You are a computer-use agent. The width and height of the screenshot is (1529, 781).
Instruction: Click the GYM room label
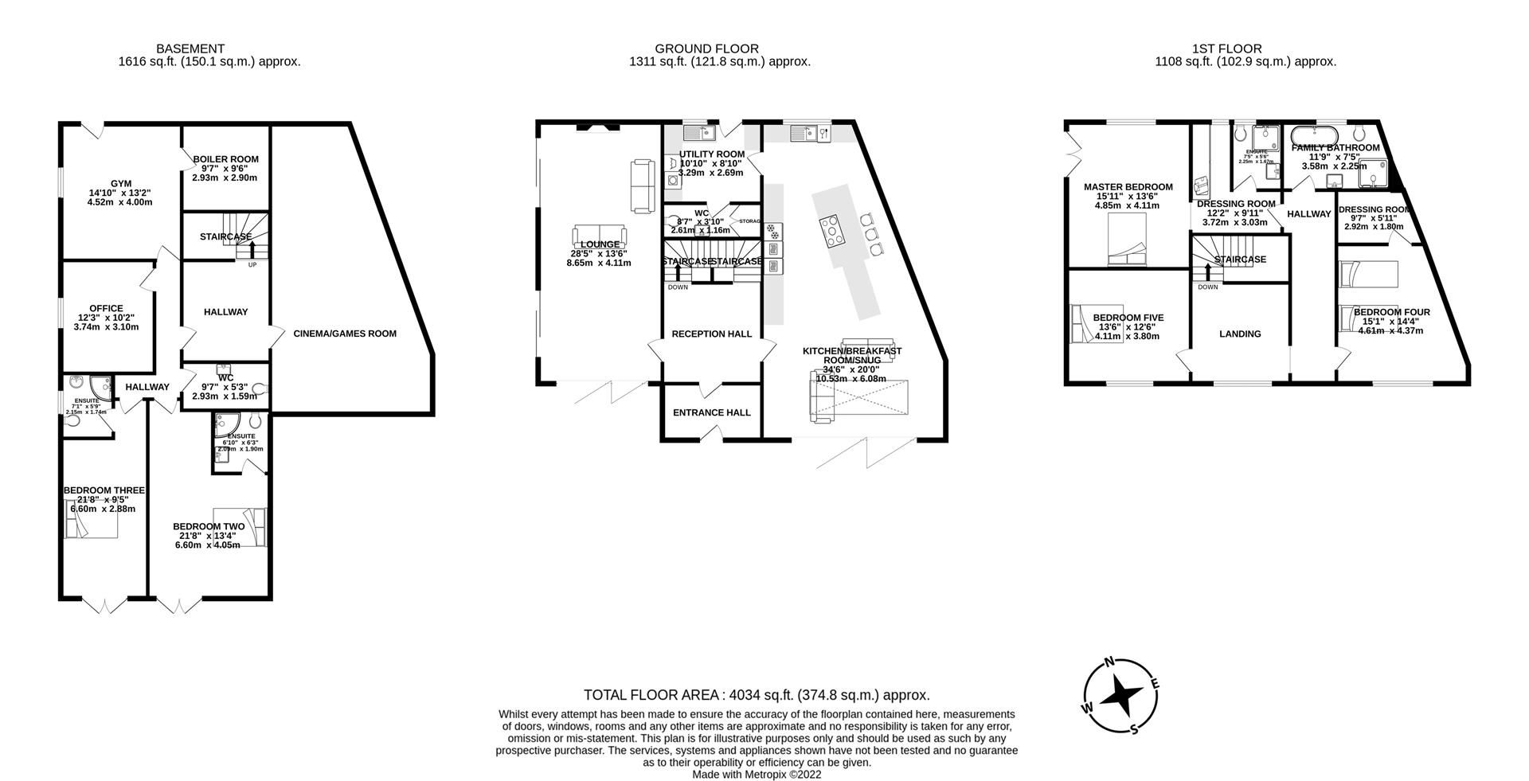pyautogui.click(x=121, y=183)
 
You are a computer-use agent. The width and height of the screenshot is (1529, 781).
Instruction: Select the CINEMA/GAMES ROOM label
pyautogui.click(x=345, y=334)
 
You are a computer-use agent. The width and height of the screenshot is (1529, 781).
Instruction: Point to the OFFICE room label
pyautogui.click(x=106, y=308)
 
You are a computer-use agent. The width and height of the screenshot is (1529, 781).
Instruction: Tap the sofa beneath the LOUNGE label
pyautogui.click(x=599, y=236)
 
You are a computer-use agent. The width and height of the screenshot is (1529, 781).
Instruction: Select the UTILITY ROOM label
pyautogui.click(x=711, y=154)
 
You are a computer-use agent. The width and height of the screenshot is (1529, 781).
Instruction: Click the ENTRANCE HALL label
pyautogui.click(x=711, y=412)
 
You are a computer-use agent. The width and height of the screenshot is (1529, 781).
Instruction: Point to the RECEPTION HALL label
pyautogui.click(x=711, y=334)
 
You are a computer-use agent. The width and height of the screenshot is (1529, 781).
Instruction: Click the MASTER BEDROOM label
pyautogui.click(x=1128, y=187)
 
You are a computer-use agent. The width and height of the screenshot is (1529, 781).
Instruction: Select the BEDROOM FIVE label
pyautogui.click(x=1128, y=317)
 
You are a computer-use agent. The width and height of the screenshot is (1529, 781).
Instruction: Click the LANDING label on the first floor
pyautogui.click(x=1240, y=334)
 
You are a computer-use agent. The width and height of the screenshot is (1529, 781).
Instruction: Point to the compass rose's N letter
pyautogui.click(x=1109, y=662)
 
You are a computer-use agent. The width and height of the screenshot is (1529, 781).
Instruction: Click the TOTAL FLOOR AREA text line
pyautogui.click(x=757, y=695)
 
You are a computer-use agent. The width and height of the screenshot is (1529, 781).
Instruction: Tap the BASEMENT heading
pyautogui.click(x=190, y=49)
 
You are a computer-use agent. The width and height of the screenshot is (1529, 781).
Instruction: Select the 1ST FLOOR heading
pyautogui.click(x=1245, y=49)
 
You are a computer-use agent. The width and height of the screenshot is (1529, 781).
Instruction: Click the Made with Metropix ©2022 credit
pyautogui.click(x=757, y=774)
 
